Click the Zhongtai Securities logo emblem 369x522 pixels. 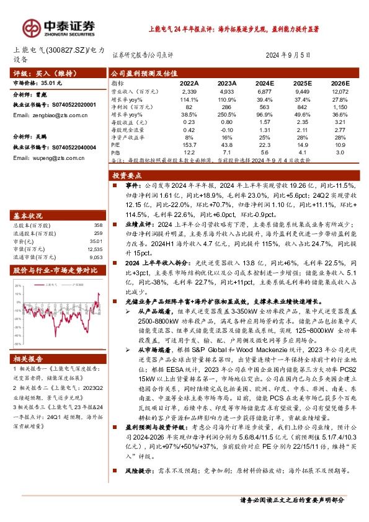32,26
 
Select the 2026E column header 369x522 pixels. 340,82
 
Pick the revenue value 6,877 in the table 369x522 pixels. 265,91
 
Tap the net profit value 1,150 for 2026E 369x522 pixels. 340,106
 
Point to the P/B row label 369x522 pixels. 116,152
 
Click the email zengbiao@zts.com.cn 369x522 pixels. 50,115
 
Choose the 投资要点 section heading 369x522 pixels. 130,176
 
